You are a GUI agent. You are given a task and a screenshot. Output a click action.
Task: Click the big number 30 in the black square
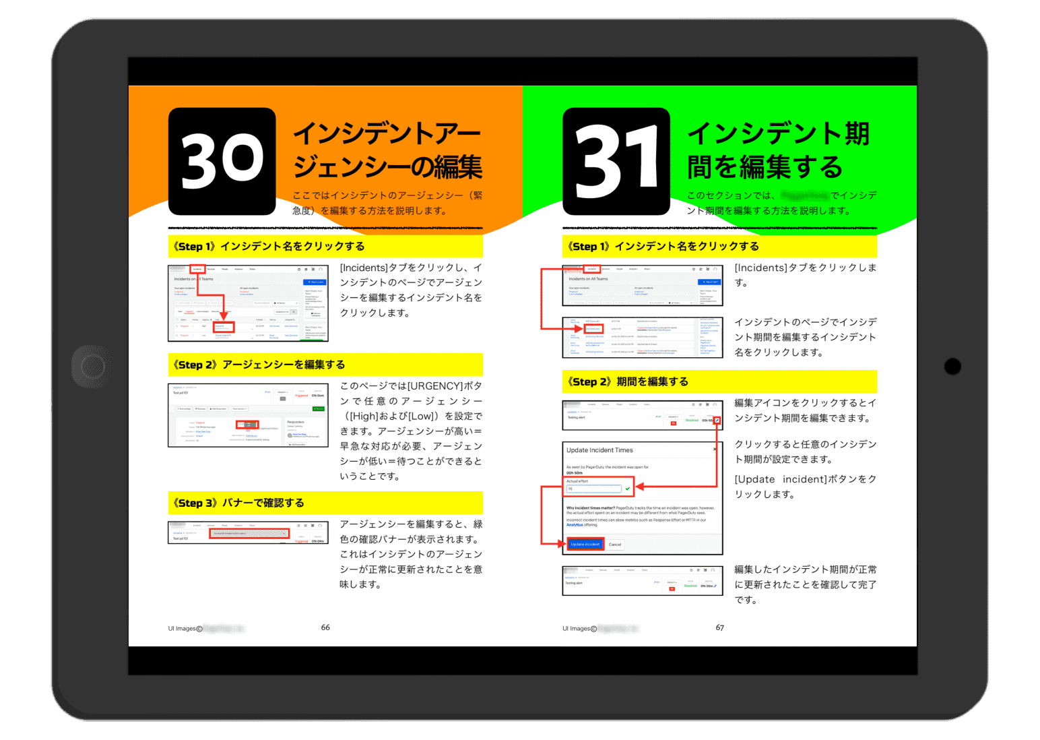222,160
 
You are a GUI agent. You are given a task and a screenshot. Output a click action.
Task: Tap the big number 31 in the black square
616,162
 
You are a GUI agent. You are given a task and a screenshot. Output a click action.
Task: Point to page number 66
325,627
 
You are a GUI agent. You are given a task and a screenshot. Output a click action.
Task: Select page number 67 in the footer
720,627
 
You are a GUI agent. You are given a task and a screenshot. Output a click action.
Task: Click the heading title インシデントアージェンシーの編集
387,150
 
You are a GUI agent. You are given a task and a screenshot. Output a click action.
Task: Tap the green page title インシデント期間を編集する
778,150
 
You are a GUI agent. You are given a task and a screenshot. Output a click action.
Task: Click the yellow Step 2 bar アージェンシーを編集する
325,365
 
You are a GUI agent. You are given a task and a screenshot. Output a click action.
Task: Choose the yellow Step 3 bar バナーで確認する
325,503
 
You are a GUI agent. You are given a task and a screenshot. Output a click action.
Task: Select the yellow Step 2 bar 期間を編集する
719,381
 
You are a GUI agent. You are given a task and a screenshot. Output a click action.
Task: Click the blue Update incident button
585,544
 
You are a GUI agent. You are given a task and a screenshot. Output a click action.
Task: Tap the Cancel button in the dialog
615,545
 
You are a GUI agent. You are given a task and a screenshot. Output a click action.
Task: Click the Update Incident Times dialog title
599,450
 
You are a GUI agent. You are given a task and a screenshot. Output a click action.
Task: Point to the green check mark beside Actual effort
628,489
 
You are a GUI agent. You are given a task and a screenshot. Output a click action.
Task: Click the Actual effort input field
593,489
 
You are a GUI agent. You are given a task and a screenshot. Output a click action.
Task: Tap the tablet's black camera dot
952,366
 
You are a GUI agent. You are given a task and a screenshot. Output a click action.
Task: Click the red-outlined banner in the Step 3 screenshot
249,533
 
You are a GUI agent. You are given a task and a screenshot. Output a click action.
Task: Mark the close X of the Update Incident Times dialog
715,449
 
